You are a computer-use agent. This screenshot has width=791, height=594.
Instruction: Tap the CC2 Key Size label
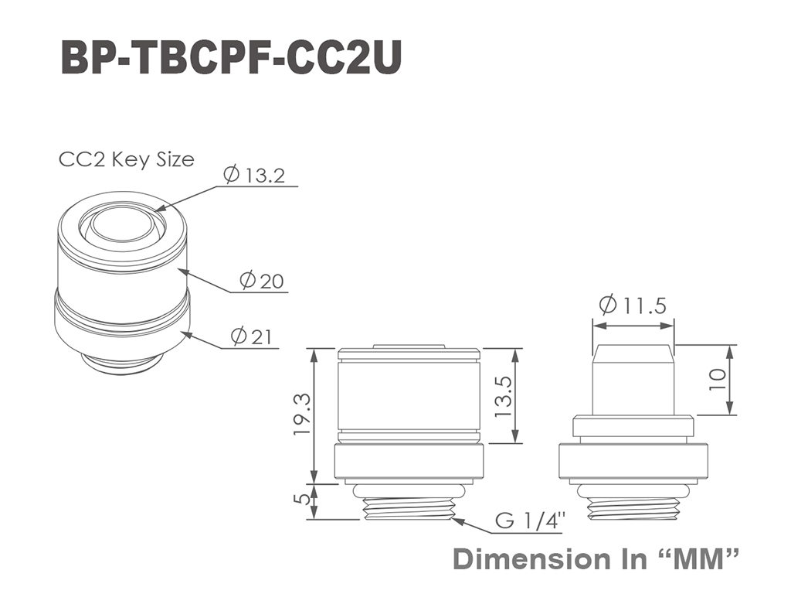pyautogui.click(x=127, y=159)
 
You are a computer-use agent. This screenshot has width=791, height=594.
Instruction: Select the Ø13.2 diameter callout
pyautogui.click(x=254, y=175)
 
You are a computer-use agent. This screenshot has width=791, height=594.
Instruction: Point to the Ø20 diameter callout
pyautogui.click(x=262, y=280)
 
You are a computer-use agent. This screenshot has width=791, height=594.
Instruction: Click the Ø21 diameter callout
pyautogui.click(x=251, y=336)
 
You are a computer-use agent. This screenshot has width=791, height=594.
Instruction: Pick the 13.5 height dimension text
pyautogui.click(x=504, y=397)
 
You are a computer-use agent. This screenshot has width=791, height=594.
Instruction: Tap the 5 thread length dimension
pyautogui.click(x=303, y=499)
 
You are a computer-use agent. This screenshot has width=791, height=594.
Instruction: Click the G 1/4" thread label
pyautogui.click(x=530, y=520)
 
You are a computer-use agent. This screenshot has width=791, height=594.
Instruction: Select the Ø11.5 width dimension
pyautogui.click(x=633, y=305)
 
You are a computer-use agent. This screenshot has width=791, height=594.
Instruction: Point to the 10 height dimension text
pyautogui.click(x=718, y=379)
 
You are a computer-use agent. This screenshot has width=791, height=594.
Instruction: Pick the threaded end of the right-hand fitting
pyautogui.click(x=633, y=507)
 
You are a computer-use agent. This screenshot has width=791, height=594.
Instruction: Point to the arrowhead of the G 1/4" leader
pyautogui.click(x=457, y=521)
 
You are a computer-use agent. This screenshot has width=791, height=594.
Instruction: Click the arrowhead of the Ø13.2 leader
pyautogui.click(x=158, y=208)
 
